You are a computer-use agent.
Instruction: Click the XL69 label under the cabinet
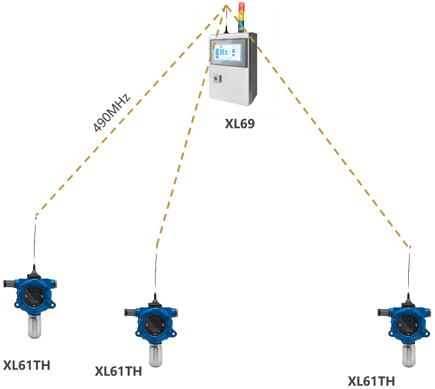(x=240, y=124)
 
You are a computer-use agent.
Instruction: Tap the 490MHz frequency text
(x=112, y=112)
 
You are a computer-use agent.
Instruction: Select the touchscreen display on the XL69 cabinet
(x=229, y=51)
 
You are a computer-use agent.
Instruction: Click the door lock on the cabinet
(x=217, y=77)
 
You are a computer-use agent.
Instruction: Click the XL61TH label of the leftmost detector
(x=26, y=365)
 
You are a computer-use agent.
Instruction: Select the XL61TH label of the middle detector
(x=118, y=371)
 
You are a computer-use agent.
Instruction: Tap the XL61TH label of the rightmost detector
(x=371, y=381)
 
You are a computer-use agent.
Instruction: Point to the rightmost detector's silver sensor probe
(x=407, y=355)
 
